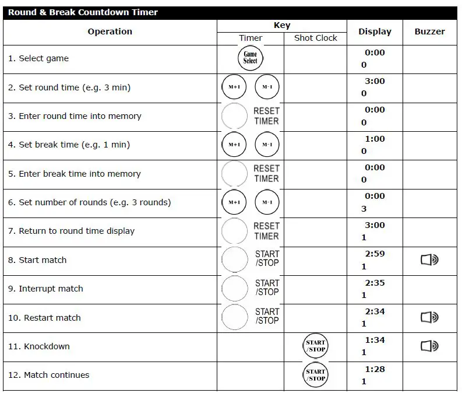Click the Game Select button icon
pyautogui.click(x=250, y=58)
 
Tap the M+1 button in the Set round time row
pyautogui.click(x=234, y=87)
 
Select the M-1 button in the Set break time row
pyautogui.click(x=267, y=145)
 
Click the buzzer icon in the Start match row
pyautogui.click(x=429, y=260)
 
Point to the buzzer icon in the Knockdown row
pyautogui.click(x=429, y=346)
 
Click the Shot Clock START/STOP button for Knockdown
pyautogui.click(x=316, y=346)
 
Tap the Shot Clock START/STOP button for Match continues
pyautogui.click(x=316, y=375)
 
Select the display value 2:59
pyautogui.click(x=375, y=254)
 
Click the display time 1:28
pyautogui.click(x=375, y=369)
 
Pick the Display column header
pyautogui.click(x=375, y=31)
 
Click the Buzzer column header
pyautogui.click(x=429, y=31)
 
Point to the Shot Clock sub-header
pyautogui.click(x=315, y=38)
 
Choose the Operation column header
pyautogui.click(x=110, y=31)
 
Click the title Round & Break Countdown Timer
pyautogui.click(x=83, y=12)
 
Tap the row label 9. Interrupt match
pyautogui.click(x=45, y=289)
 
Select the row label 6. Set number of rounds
pyautogui.click(x=89, y=202)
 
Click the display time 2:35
pyautogui.click(x=375, y=283)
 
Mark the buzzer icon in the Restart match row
pyautogui.click(x=429, y=318)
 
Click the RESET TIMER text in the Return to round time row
pyautogui.click(x=266, y=231)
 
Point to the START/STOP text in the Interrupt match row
pyautogui.click(x=267, y=287)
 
